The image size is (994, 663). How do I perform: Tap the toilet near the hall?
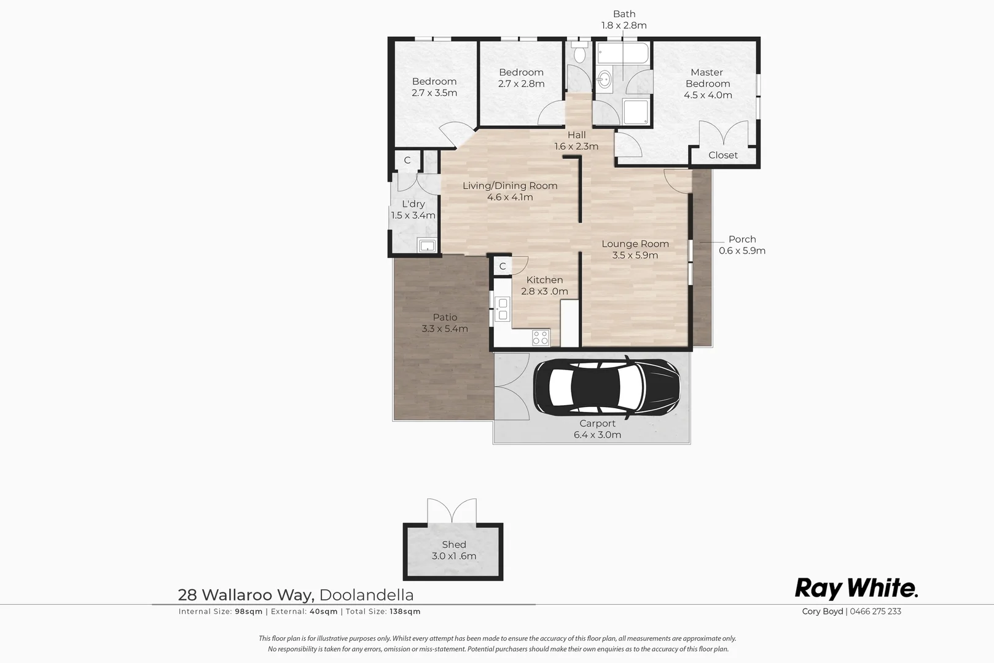pos(579,54)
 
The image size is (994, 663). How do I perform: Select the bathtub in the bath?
pos(622,53)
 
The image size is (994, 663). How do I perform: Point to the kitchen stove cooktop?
pos(541,337)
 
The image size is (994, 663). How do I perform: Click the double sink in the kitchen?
pos(503,309)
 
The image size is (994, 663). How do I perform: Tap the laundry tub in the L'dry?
pos(426,246)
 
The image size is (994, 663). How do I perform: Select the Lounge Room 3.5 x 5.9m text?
pos(635,249)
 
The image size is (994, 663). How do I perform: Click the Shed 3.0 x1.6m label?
pos(453,550)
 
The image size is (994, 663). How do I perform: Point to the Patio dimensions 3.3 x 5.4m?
pos(445,328)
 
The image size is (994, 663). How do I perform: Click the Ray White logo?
pos(856,588)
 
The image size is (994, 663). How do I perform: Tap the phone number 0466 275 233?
pos(875,611)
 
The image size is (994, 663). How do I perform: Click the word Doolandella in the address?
pos(367,595)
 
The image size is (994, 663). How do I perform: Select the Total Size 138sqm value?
pos(405,611)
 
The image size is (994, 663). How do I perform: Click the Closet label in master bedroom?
pos(722,155)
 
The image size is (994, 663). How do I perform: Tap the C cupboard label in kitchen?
pos(503,266)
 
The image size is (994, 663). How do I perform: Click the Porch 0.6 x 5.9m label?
pos(742,245)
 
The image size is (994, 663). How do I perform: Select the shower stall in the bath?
pos(635,112)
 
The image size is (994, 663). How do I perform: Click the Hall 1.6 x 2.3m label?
pos(576,141)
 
